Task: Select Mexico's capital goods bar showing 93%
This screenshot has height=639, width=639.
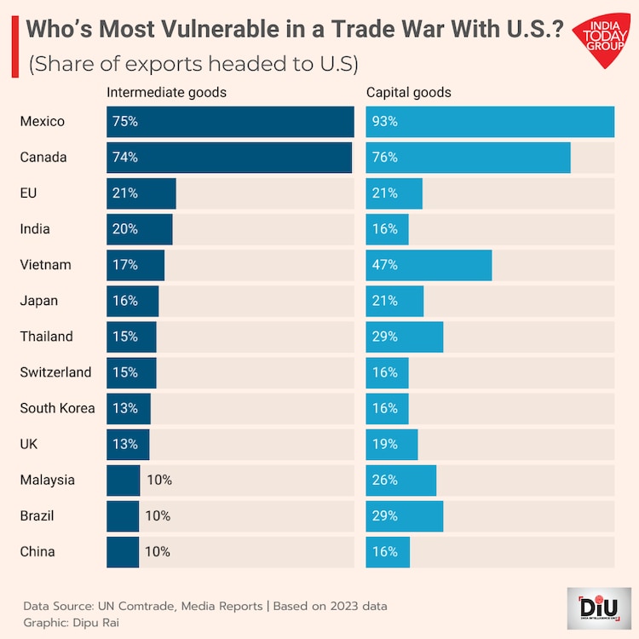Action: click(x=490, y=122)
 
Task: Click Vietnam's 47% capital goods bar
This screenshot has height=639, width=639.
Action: click(x=429, y=265)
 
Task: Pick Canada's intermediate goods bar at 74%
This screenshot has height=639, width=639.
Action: click(x=229, y=158)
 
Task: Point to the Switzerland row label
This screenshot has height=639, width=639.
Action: click(x=55, y=372)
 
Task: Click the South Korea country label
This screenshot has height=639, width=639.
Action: click(x=57, y=408)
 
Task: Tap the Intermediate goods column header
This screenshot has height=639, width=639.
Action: click(x=166, y=92)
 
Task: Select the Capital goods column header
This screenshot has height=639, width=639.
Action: click(x=409, y=92)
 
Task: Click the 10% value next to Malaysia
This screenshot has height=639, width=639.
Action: click(x=158, y=480)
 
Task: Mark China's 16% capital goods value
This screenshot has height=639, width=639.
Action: click(x=384, y=551)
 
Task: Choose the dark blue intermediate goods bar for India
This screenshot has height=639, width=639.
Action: click(x=140, y=229)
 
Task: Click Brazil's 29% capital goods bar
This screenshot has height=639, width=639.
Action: click(x=405, y=515)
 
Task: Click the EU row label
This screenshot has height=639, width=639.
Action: click(x=28, y=193)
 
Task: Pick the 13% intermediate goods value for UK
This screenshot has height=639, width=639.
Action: click(x=124, y=444)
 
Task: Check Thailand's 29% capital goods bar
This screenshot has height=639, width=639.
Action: click(x=405, y=337)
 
